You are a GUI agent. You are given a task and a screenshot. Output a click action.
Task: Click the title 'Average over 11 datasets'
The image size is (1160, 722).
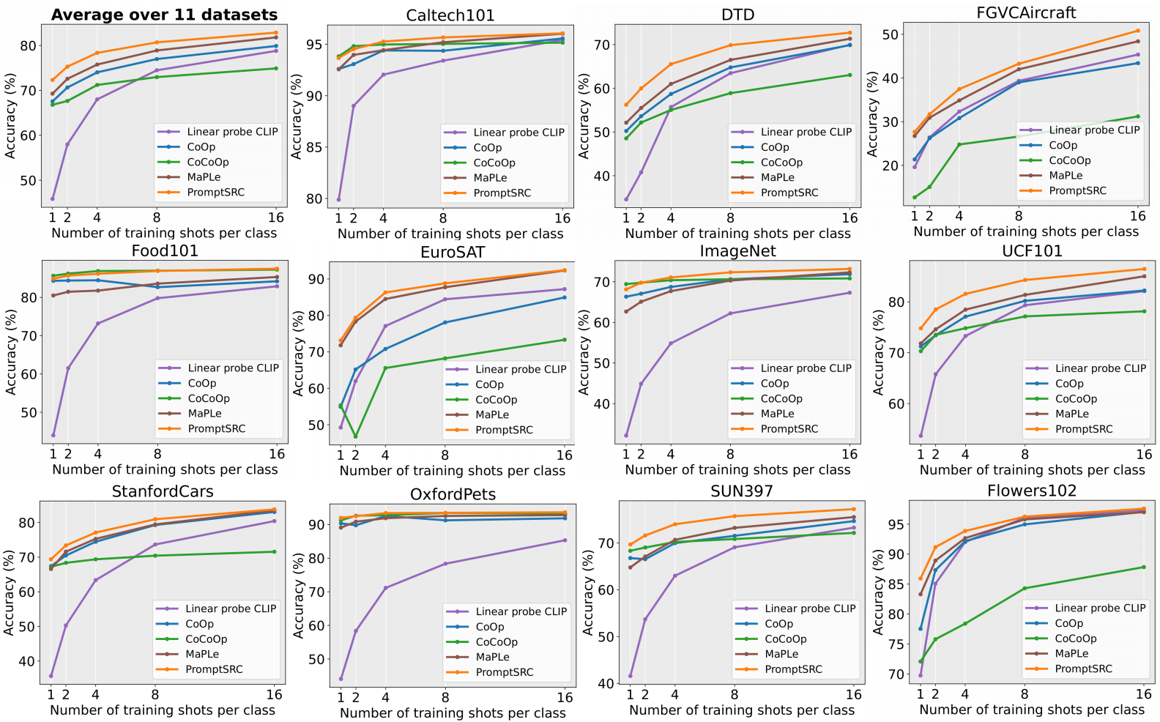coord(164,15)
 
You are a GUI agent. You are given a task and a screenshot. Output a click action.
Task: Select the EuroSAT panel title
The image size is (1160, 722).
coord(453,253)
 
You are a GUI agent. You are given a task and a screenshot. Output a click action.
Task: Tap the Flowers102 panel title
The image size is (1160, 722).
coord(1031,491)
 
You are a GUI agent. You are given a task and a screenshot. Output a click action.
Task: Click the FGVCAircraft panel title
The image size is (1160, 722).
coord(1026,12)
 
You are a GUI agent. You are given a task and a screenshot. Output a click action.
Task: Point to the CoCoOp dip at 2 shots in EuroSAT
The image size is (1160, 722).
coord(356,436)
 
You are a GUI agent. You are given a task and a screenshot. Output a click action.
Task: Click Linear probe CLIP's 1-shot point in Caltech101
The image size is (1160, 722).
coord(338,199)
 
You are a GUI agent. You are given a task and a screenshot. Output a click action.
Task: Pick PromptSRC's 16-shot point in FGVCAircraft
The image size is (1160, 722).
coord(1137,31)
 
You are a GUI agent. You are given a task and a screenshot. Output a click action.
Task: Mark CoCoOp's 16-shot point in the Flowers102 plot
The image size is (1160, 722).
coord(1143,567)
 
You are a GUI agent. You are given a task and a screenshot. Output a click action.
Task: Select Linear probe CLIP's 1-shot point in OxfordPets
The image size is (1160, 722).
coord(341,679)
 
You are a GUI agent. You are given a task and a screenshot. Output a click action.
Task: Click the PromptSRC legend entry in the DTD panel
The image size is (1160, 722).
coord(789,193)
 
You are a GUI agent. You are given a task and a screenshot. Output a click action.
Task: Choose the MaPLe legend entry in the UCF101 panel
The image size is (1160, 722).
coord(1072,414)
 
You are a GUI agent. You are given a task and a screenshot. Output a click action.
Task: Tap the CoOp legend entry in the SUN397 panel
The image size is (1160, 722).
coord(778,624)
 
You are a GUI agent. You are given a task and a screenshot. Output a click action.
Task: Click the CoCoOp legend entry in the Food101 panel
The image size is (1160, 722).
coord(208,398)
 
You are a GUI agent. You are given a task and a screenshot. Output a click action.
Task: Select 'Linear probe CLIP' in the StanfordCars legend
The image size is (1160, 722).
coord(230,609)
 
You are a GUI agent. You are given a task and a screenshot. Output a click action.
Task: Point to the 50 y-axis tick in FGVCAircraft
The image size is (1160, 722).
coord(890,34)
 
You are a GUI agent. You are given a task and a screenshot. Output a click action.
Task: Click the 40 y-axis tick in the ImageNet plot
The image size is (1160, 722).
coord(601,403)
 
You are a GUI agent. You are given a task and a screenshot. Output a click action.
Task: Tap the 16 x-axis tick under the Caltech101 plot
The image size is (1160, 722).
coord(562,218)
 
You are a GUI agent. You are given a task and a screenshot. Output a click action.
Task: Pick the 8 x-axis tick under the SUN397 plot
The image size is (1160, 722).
coord(735,694)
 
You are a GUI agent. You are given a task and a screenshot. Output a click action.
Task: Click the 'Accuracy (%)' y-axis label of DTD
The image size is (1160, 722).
coord(584,116)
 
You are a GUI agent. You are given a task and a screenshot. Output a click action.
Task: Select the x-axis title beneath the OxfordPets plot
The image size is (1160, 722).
coord(453,713)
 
